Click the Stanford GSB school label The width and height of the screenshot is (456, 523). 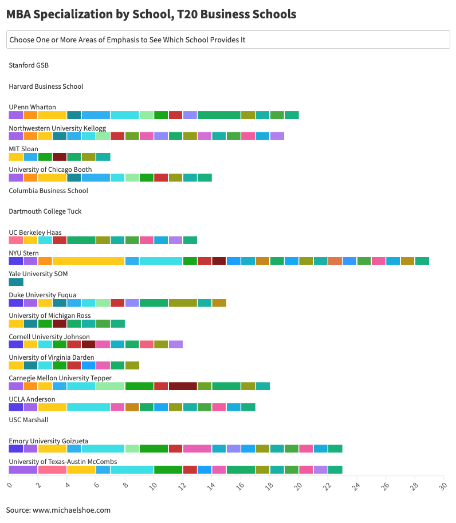pos(29,65)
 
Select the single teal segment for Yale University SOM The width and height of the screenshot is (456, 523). pos(16,282)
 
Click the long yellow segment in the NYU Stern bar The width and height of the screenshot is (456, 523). pos(89,261)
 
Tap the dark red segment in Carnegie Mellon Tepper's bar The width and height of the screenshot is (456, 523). pos(183,386)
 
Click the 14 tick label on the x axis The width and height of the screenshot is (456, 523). pos(211,486)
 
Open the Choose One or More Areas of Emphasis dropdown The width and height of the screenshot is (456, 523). pos(228,40)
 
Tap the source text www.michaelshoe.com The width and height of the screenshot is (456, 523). pos(58,510)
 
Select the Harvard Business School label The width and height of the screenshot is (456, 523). pos(46,86)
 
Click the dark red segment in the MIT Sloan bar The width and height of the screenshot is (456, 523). pos(60,157)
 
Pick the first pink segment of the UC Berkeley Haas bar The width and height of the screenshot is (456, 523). pos(16,240)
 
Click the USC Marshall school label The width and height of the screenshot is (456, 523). pos(29,420)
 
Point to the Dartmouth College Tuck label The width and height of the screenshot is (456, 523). pos(45,211)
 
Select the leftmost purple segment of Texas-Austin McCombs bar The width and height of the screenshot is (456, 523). pos(23,470)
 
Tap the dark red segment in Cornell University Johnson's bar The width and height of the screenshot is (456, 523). pos(88,344)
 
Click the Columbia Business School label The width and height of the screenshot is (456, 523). pos(49,191)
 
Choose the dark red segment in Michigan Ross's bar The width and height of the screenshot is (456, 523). pos(60,324)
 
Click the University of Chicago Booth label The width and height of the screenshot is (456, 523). pos(50,170)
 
